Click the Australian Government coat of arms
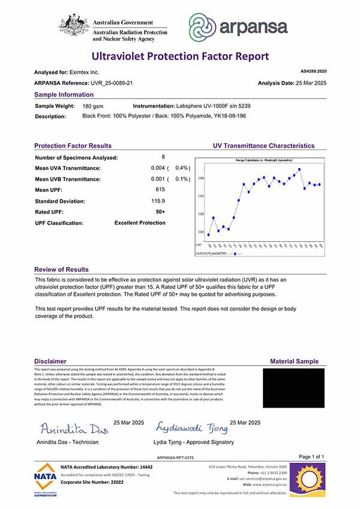pos(74,26)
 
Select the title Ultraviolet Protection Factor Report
pos(180,56)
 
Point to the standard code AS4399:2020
pos(313,71)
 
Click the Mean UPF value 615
pos(160,190)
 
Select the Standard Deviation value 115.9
pos(158,201)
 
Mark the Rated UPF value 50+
pos(160,212)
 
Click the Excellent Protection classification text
pos(140,223)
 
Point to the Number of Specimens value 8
pos(163,157)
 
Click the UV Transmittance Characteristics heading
pos(263,146)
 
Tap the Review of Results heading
pos(61,270)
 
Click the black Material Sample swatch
pos(294,388)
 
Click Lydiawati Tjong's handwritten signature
pos(192,427)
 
